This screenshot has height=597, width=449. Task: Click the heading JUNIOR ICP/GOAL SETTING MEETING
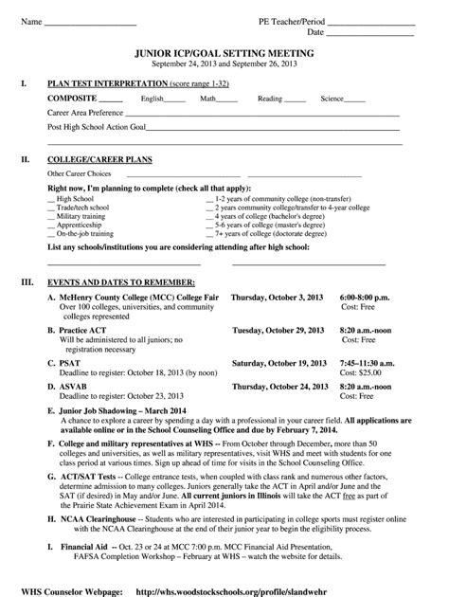point(224,54)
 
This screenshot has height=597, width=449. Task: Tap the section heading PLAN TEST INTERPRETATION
point(105,84)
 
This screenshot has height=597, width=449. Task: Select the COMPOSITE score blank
point(111,99)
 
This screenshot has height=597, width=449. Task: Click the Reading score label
point(270,99)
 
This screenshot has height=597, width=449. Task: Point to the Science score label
point(332,99)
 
